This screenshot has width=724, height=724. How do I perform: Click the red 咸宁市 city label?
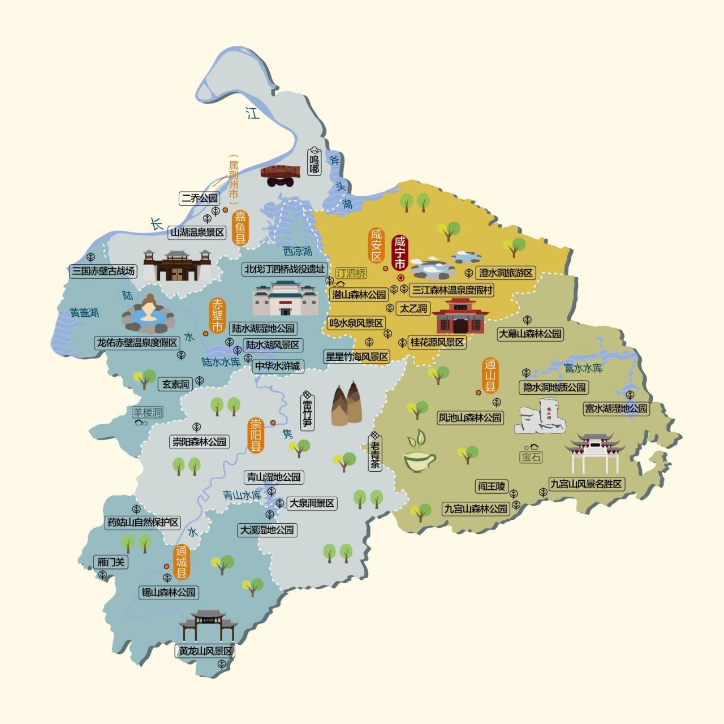399,253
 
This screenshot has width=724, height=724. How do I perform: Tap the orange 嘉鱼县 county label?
241,227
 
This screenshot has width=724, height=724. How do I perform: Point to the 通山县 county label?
490,376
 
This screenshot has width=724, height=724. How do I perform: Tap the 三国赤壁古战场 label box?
104,271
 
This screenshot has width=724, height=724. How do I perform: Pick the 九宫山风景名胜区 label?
586,484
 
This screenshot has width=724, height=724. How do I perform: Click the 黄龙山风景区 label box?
205,651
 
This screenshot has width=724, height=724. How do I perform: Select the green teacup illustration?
419,454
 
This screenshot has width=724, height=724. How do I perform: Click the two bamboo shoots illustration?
347,404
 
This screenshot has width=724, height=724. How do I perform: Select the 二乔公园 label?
199,199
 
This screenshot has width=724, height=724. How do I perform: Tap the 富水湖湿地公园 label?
616,408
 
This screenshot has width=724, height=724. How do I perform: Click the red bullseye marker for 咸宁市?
400,278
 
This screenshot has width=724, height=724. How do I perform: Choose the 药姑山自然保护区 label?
143,522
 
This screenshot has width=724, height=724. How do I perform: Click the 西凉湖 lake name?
298,251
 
